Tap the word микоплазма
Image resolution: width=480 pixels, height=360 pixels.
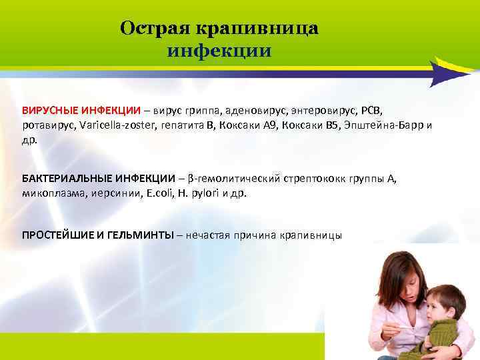coord(49,194)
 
